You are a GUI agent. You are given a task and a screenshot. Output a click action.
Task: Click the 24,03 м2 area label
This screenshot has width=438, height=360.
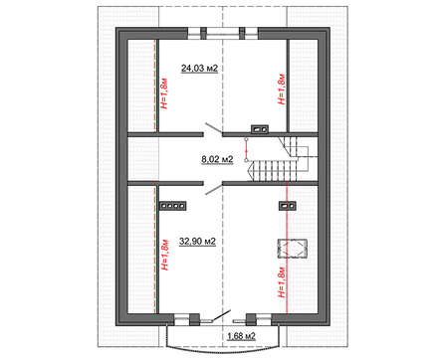tap(199, 69)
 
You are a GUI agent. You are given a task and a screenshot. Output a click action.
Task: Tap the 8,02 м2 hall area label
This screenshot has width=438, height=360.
tap(217, 159)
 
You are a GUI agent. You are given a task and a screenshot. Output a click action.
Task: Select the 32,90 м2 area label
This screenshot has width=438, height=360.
tap(197, 242)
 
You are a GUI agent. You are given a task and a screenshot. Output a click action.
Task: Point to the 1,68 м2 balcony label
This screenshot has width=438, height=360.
tap(241, 336)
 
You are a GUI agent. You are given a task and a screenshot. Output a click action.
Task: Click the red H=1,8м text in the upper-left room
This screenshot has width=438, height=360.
tap(164, 93)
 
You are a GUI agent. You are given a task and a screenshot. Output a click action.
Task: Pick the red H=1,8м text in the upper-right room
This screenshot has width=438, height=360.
tap(282, 89)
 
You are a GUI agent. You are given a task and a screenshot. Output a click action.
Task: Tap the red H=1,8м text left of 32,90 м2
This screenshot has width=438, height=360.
tap(164, 255)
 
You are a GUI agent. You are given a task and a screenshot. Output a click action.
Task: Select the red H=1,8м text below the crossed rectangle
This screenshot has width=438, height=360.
tap(282, 281)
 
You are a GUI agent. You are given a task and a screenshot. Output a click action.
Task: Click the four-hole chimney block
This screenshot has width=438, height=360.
tap(172, 206)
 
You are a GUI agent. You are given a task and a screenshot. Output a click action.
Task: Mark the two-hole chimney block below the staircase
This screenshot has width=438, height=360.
tap(287, 206)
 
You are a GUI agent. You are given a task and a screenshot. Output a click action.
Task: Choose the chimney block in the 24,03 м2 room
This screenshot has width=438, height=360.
tap(259, 129)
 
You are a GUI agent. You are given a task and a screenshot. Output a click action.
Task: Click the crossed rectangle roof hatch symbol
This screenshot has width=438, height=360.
tap(292, 249)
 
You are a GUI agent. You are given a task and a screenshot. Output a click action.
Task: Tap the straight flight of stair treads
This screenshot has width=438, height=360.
tap(275, 171)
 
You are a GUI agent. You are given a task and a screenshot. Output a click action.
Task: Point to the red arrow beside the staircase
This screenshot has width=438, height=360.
tap(246, 149)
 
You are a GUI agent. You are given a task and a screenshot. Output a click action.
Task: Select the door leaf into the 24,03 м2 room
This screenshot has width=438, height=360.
tap(214, 128)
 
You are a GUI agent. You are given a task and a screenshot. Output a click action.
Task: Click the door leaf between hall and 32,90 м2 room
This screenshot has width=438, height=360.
tap(214, 189)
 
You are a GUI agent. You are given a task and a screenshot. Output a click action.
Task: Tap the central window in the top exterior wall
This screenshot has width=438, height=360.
tap(223, 32)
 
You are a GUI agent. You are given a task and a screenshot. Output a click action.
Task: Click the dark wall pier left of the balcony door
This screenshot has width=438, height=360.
tap(194, 319)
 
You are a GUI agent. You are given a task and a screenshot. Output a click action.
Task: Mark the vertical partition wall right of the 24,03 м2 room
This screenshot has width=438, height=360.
tap(288, 86)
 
